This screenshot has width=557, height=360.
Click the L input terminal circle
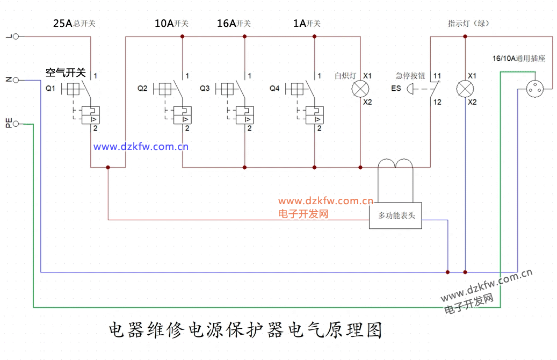16,36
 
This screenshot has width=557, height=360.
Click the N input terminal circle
16,80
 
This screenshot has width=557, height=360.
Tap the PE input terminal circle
16,124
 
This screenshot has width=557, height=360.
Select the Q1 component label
50,88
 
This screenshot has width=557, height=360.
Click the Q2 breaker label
142,88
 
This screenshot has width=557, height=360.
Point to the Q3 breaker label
205,88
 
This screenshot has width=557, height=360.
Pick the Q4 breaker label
274,88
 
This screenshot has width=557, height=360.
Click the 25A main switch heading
74,24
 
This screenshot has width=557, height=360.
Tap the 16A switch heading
234,24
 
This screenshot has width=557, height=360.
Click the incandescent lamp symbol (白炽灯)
360,89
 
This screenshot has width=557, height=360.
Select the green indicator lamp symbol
465,89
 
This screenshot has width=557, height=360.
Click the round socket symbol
535,89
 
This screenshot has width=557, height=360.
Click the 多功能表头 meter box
395,215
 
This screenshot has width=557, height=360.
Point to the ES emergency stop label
396,88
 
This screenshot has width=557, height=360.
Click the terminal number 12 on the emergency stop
437,102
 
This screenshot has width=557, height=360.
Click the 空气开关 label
66,73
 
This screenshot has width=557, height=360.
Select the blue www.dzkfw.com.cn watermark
141,146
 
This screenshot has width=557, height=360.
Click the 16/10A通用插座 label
519,58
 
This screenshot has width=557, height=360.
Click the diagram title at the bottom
245,330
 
